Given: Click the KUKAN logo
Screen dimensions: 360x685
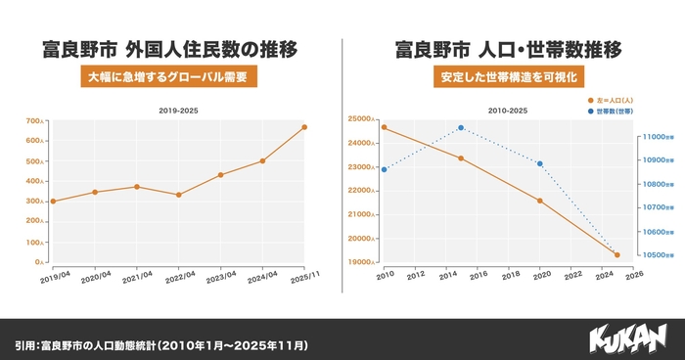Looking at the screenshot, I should (x=627, y=338).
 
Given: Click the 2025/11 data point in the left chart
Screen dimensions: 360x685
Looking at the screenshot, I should (x=304, y=127).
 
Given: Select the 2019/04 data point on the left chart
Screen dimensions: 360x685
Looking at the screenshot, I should (x=52, y=202).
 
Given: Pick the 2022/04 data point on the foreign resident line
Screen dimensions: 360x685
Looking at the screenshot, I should (x=178, y=195).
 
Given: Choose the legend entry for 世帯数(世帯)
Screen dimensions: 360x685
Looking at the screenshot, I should (x=614, y=112).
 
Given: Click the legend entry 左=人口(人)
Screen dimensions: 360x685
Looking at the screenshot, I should (x=614, y=100).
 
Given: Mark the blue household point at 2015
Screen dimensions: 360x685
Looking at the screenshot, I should (x=461, y=127).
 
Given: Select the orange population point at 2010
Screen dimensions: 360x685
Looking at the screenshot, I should (x=384, y=127).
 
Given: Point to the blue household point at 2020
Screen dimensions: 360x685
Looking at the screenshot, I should (x=539, y=163).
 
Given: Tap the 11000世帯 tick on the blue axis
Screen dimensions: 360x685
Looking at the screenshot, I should (x=652, y=137).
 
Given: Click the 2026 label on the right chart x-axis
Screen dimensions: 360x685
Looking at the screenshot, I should (x=633, y=275).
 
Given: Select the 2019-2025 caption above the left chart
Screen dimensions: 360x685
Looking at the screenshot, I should (x=178, y=111).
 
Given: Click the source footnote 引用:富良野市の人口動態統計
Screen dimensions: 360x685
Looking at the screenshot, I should (x=161, y=345).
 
